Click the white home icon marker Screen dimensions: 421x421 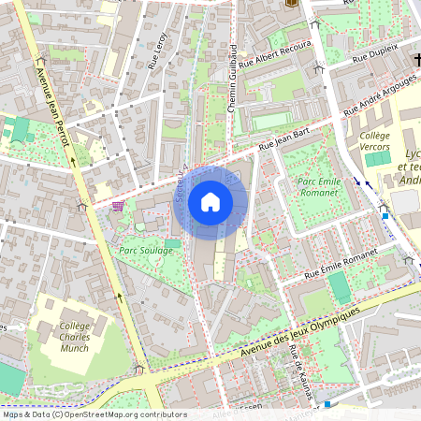point(210,202)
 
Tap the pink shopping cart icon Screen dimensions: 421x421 point(118,206)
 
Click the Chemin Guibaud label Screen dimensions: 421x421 point(233,79)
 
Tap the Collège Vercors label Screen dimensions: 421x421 point(374,140)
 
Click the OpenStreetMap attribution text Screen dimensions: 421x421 point(94,414)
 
